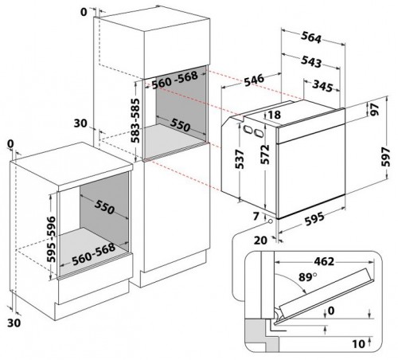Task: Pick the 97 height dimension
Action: click(376, 115)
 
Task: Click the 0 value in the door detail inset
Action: click(330, 311)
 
